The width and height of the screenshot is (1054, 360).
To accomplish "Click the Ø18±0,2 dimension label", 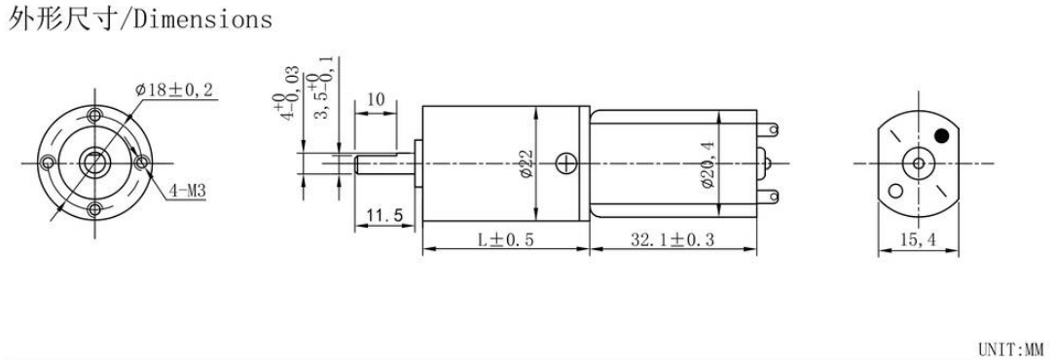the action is pyautogui.click(x=174, y=90).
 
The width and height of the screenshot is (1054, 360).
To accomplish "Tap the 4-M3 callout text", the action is pyautogui.click(x=188, y=192).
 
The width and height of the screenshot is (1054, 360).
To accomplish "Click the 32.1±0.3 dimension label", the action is pyautogui.click(x=672, y=239).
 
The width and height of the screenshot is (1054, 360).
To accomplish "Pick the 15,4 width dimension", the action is pyautogui.click(x=918, y=239).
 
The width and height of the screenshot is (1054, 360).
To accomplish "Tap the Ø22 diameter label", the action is pyautogui.click(x=527, y=163).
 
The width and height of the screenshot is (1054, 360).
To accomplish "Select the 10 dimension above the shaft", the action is pyautogui.click(x=376, y=100).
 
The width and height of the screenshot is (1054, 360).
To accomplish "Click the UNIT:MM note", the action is pyautogui.click(x=1009, y=349).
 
